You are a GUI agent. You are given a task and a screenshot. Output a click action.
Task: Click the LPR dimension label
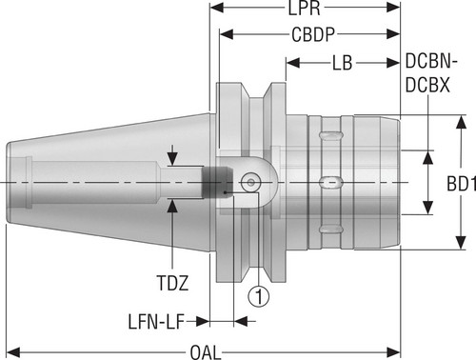304,9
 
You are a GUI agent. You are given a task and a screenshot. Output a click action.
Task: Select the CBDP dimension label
313,34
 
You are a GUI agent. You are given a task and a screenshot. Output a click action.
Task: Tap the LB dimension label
343,63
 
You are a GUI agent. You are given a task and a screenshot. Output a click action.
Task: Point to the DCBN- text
431,61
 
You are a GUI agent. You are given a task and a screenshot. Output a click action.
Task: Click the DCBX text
427,85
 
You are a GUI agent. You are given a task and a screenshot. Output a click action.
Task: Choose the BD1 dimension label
461,184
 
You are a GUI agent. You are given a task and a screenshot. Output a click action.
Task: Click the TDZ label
172,283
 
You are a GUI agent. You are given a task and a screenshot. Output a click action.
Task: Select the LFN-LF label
156,322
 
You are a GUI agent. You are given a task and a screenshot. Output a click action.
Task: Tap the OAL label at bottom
206,352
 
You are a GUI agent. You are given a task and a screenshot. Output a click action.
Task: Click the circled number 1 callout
259,297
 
